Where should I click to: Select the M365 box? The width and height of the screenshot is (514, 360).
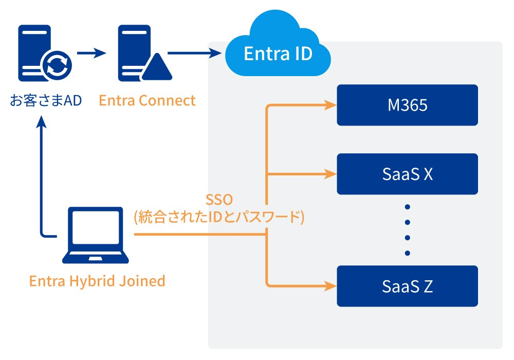(408, 105)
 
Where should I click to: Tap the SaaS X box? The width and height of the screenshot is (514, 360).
(408, 174)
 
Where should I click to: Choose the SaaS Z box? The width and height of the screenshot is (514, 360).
(408, 286)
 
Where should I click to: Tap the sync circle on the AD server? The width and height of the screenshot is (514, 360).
(57, 66)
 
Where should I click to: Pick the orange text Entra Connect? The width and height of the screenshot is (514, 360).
(147, 100)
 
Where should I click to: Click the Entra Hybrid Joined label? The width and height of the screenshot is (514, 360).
(97, 281)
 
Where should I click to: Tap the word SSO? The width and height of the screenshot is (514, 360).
(219, 200)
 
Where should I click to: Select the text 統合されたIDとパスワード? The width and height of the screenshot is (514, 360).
(219, 217)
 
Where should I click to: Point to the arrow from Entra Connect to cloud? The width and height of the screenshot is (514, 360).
(195, 52)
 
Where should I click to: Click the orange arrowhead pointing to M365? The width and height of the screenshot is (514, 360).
(331, 106)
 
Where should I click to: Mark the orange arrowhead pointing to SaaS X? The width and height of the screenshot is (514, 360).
(331, 174)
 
